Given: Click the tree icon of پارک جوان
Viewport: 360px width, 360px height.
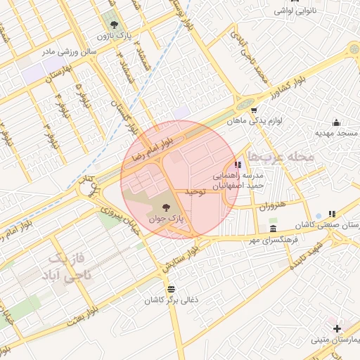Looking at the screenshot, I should pos(166,207).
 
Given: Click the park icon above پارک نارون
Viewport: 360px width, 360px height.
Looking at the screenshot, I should pos(108,20).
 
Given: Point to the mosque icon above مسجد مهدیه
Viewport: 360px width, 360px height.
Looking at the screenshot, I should pos(335,122).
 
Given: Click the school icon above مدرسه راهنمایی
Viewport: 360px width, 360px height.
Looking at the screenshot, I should pos(236,165).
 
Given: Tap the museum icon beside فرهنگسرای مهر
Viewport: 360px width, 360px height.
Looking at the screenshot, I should pos(273,229).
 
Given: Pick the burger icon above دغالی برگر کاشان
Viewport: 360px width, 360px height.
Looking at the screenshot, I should pos(171,290).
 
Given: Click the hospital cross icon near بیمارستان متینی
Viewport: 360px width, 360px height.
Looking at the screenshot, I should pos(337,328).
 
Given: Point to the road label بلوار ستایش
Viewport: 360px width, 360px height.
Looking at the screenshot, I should pos(179,257).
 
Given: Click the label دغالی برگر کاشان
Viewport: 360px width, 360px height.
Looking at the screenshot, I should pos(172,300).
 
